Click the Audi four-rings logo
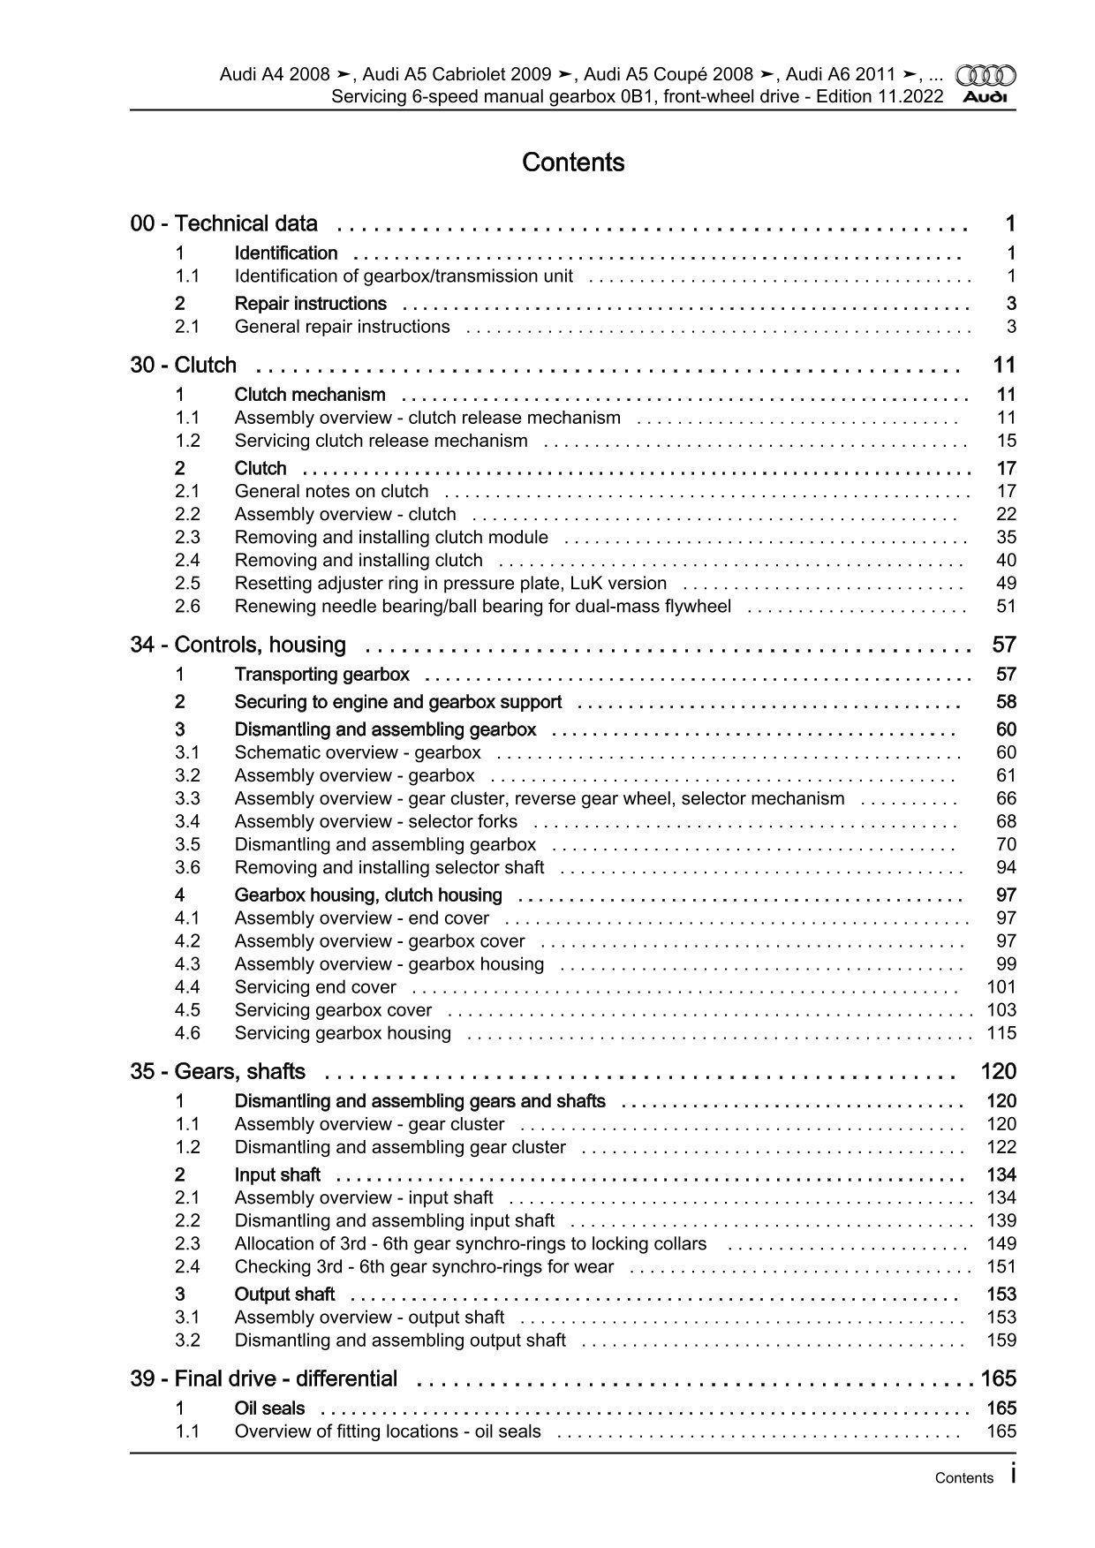(x=986, y=76)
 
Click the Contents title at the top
(x=573, y=162)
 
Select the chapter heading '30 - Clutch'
(x=184, y=366)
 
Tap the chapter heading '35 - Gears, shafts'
(x=218, y=1072)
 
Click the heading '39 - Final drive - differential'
(x=264, y=1379)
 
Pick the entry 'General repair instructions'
(x=342, y=327)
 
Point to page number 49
(x=1006, y=584)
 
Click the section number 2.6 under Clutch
(x=187, y=607)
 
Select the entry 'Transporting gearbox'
(x=321, y=676)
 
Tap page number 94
(x=1006, y=868)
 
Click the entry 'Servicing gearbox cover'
(x=333, y=1010)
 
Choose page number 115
(x=1001, y=1033)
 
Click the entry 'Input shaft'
(x=277, y=1175)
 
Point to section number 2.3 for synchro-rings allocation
(x=187, y=1244)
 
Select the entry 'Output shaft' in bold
(x=284, y=1295)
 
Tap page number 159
(x=1001, y=1340)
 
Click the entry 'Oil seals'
(x=269, y=1408)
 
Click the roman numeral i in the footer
(x=1012, y=1476)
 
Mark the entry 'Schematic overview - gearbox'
(x=358, y=753)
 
